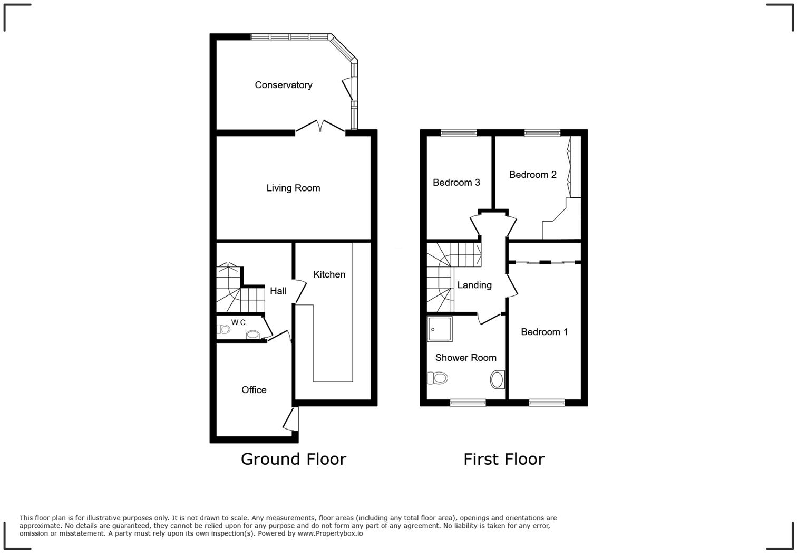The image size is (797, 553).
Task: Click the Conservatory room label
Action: coord(283,85)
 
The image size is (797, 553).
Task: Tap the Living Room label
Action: coord(293,188)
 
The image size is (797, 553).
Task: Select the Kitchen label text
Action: coord(329,274)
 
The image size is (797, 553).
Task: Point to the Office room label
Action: coord(254,390)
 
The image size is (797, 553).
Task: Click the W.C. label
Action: coord(239,322)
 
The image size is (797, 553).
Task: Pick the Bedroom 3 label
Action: coord(456,183)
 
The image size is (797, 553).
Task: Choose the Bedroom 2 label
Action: coord(532,175)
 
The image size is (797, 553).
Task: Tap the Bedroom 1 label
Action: coord(544,332)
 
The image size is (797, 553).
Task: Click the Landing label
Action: coord(474,285)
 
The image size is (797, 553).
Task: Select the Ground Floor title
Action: coord(293,459)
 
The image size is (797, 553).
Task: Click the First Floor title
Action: coord(503,459)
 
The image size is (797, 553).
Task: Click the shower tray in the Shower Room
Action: coord(440,329)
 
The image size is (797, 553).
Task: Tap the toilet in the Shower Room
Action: coord(437,378)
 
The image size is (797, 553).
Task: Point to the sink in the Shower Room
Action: coord(497,379)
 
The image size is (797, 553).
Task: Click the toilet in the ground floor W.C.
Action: coord(223,329)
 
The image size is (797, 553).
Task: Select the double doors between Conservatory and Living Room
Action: coord(320,128)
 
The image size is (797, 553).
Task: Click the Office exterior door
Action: coord(290,419)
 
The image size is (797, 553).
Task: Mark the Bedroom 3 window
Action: coord(459,133)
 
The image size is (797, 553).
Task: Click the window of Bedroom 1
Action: coord(547,403)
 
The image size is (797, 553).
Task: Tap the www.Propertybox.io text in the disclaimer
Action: coord(330,533)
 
